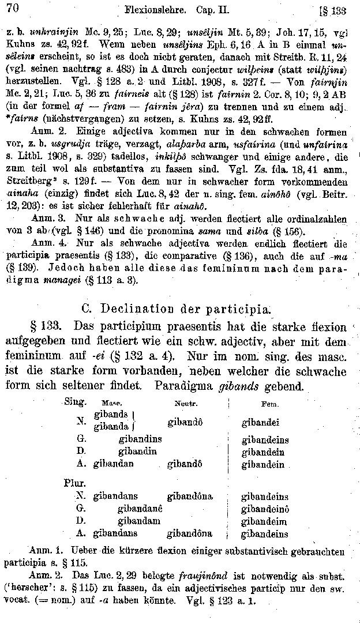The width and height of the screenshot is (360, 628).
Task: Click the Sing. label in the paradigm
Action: coord(76,401)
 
